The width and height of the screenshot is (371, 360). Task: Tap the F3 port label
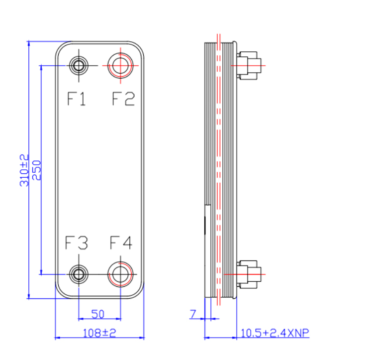(x=77, y=243)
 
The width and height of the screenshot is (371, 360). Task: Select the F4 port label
(x=121, y=243)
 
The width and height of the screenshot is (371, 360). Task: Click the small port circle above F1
(x=79, y=65)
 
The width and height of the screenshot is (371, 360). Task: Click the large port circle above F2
(x=120, y=65)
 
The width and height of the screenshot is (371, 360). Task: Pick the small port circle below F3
(x=79, y=273)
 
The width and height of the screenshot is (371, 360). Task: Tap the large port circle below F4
(x=120, y=273)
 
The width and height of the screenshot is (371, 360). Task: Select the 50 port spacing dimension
(x=98, y=314)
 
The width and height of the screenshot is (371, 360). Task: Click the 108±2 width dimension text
(x=98, y=333)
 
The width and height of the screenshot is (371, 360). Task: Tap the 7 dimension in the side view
(x=193, y=314)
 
